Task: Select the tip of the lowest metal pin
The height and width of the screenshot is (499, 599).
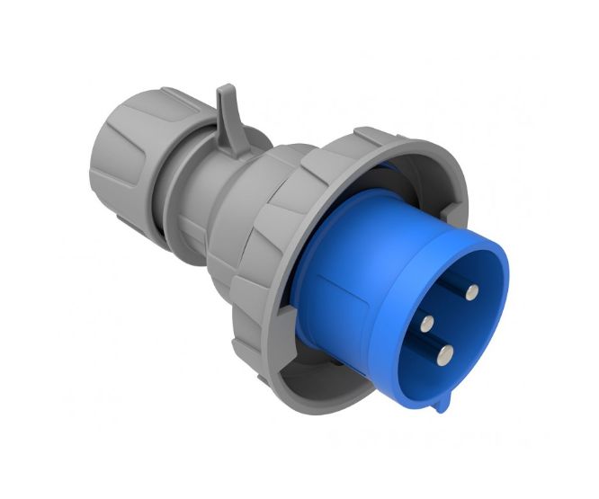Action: (443, 355)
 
